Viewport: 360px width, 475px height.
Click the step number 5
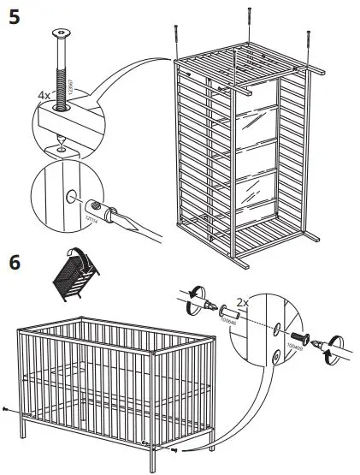[x=14, y=17]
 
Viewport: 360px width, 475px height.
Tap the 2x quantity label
[x=245, y=303]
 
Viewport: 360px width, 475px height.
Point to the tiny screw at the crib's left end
[x=7, y=409]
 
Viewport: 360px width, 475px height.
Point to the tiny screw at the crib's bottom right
[x=174, y=448]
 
